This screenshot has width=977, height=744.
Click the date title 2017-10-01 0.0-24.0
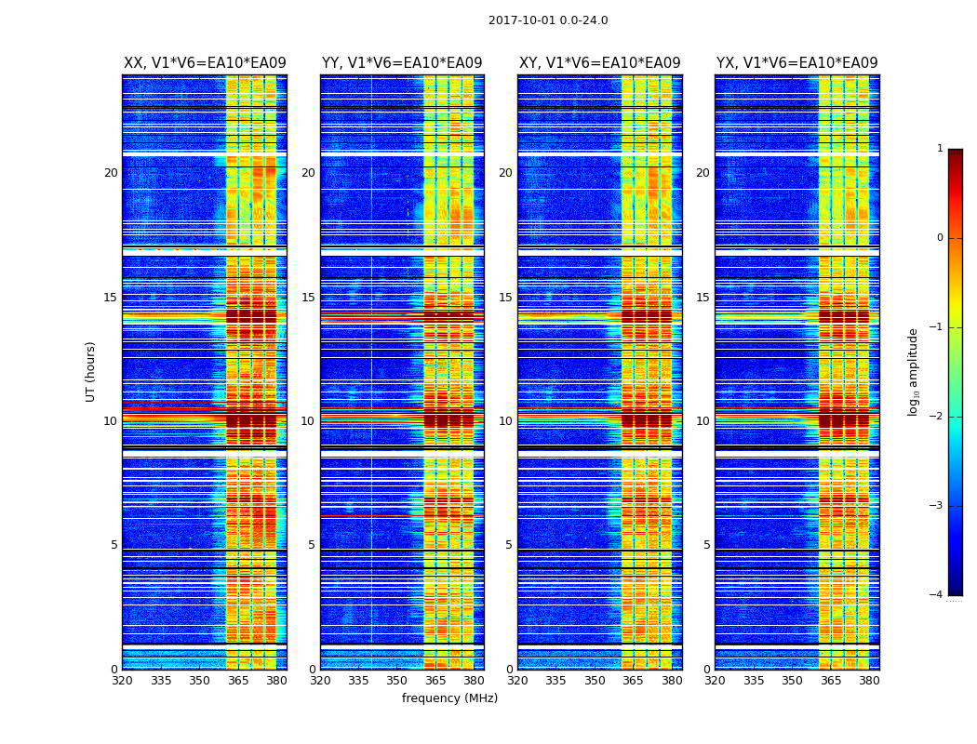[x=548, y=20]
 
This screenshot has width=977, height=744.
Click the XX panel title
[x=205, y=63]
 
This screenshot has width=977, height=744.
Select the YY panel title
[x=402, y=63]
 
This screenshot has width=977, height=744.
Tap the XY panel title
[x=599, y=63]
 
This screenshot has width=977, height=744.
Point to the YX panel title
[x=796, y=63]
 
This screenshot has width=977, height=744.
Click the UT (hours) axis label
[x=91, y=371]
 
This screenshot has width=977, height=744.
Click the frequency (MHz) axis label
[x=449, y=698]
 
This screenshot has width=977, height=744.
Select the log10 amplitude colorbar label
[x=914, y=371]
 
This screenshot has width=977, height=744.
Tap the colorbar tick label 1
[x=939, y=149]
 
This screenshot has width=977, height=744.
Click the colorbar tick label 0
[x=939, y=238]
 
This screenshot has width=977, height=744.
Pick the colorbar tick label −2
[x=937, y=417]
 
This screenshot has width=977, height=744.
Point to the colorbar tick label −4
[x=937, y=595]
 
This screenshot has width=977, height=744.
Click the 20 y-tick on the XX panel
[x=111, y=173]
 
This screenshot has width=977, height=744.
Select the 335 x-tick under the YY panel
[x=358, y=681]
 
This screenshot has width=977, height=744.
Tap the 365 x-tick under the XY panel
[x=633, y=681]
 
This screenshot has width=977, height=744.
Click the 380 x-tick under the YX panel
[x=869, y=681]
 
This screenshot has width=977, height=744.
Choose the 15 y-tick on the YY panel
[x=308, y=298]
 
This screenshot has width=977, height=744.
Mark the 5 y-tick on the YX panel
[x=706, y=545]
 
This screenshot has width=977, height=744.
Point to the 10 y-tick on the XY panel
[x=505, y=421]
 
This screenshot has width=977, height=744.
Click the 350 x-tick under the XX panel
[x=199, y=681]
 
